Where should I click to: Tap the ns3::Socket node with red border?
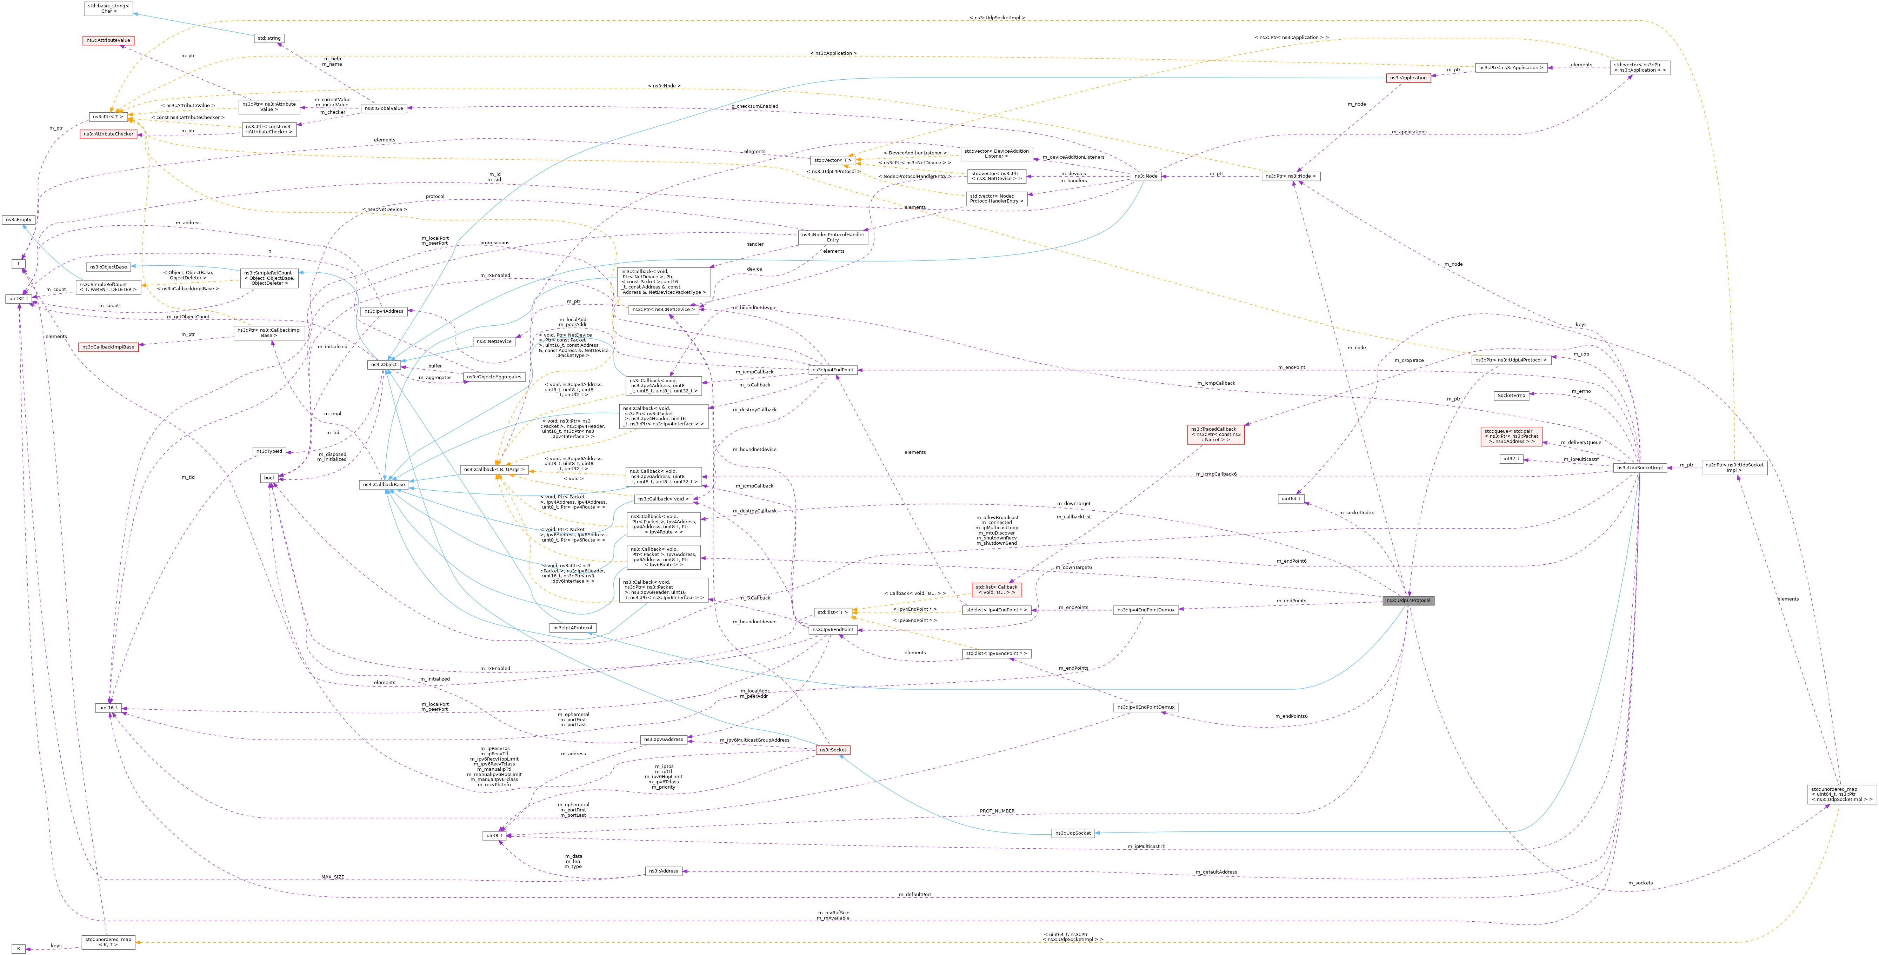[832, 750]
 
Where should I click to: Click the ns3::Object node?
[384, 364]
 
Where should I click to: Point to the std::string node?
[268, 38]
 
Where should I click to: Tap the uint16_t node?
[108, 708]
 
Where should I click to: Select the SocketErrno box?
[1511, 396]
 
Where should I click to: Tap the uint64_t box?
[1290, 499]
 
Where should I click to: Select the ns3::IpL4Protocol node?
[573, 628]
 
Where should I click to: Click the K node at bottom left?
[18, 948]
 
